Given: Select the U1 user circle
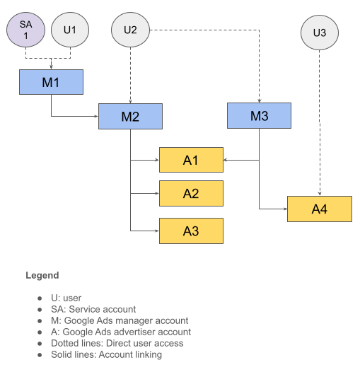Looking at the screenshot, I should [70, 30].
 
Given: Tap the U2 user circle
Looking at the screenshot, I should [130, 30].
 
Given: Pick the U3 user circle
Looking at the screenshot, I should [319, 33].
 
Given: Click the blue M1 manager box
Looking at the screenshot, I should [51, 83].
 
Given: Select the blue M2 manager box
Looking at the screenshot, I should [130, 116].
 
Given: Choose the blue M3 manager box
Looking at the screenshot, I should [259, 116].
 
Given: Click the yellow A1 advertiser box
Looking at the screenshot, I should [191, 161].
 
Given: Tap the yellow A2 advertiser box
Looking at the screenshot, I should [191, 193].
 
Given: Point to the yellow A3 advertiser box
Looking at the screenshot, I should [191, 231].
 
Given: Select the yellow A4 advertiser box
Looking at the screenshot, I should [320, 209].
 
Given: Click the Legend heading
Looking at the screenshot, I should [42, 275].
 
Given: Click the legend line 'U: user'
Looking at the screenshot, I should [68, 298].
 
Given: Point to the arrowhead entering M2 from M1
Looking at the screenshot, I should [95, 116].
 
